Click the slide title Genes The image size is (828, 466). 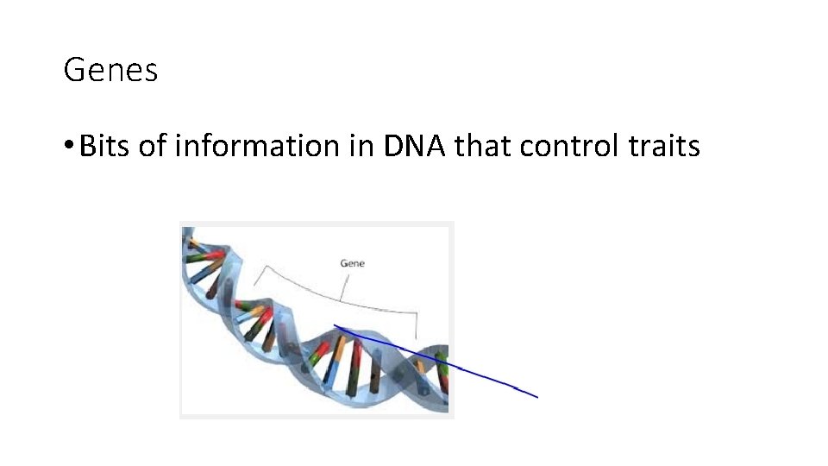[110, 70]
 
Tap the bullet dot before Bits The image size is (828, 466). [69, 148]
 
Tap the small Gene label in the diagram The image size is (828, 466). [352, 262]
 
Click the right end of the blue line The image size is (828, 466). [536, 397]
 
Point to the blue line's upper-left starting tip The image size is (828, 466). [335, 326]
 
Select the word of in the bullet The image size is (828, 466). [152, 147]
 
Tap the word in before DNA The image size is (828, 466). [362, 147]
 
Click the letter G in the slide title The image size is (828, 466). [72, 70]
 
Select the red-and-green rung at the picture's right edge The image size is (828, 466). [442, 371]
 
